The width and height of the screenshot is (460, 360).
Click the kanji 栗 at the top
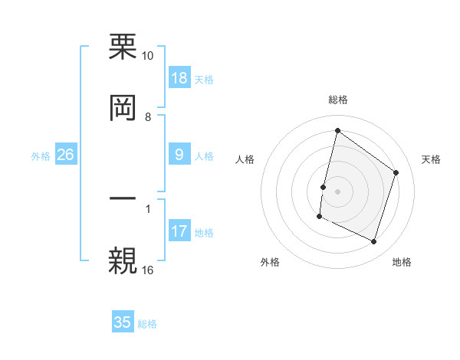(x=123, y=47)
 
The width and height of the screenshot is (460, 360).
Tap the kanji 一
(x=123, y=198)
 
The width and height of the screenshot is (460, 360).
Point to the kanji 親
(x=123, y=258)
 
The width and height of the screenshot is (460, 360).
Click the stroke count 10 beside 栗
(x=147, y=57)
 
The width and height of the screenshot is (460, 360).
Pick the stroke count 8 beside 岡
(x=148, y=116)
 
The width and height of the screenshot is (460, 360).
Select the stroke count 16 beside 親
(x=147, y=270)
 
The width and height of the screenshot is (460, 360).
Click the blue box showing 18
(x=179, y=78)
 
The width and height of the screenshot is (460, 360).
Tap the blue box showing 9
(x=179, y=155)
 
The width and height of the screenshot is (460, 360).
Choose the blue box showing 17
(x=179, y=231)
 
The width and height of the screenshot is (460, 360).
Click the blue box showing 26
(x=66, y=155)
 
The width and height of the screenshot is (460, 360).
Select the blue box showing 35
(x=123, y=322)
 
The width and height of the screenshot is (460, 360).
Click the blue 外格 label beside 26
(x=41, y=156)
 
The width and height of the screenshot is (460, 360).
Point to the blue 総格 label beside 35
(x=147, y=324)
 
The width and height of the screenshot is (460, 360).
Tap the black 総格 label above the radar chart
(x=337, y=100)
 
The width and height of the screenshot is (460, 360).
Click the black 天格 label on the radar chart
(x=431, y=159)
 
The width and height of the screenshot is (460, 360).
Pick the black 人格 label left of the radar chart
(x=245, y=159)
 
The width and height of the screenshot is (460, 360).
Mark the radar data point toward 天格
(x=396, y=172)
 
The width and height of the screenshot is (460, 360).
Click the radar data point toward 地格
(x=374, y=242)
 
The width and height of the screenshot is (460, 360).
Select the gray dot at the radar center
(x=337, y=191)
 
